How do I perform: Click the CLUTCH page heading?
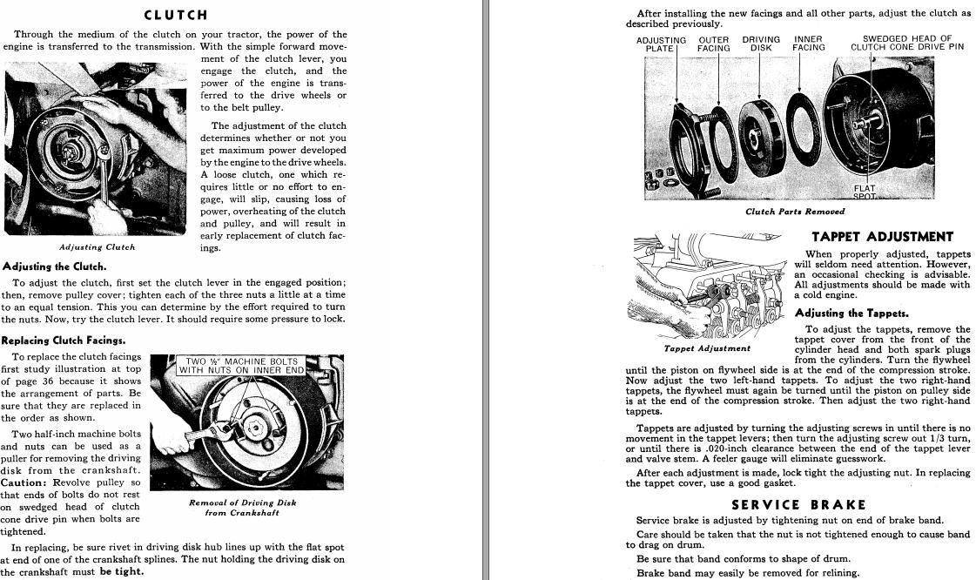click(x=175, y=15)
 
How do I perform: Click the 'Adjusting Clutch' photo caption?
click(x=97, y=247)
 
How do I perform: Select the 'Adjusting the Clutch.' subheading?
click(x=55, y=266)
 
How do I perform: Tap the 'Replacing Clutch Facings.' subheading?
click(x=64, y=341)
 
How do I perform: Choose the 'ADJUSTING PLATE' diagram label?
click(x=661, y=44)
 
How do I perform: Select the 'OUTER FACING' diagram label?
click(x=714, y=44)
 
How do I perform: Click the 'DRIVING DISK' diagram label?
click(x=761, y=44)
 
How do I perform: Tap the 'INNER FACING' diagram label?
click(x=808, y=44)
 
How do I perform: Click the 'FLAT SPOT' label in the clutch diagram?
click(x=865, y=192)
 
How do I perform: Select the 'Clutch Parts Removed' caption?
click(x=795, y=212)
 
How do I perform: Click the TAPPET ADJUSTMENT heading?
click(x=882, y=237)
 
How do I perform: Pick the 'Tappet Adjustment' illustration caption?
click(x=707, y=348)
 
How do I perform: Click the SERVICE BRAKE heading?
click(x=798, y=505)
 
